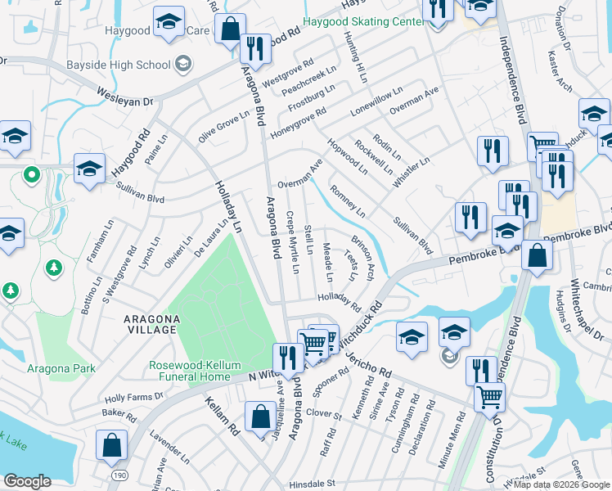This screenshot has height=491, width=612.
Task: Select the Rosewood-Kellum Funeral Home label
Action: [x=200, y=371]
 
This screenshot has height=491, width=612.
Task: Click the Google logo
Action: [x=27, y=481]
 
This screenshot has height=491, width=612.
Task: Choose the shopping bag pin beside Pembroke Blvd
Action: [x=537, y=256]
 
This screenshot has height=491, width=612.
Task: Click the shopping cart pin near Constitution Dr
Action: [x=489, y=397]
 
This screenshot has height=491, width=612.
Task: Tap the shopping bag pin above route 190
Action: [x=110, y=445]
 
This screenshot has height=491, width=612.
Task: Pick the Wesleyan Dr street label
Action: [x=125, y=97]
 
